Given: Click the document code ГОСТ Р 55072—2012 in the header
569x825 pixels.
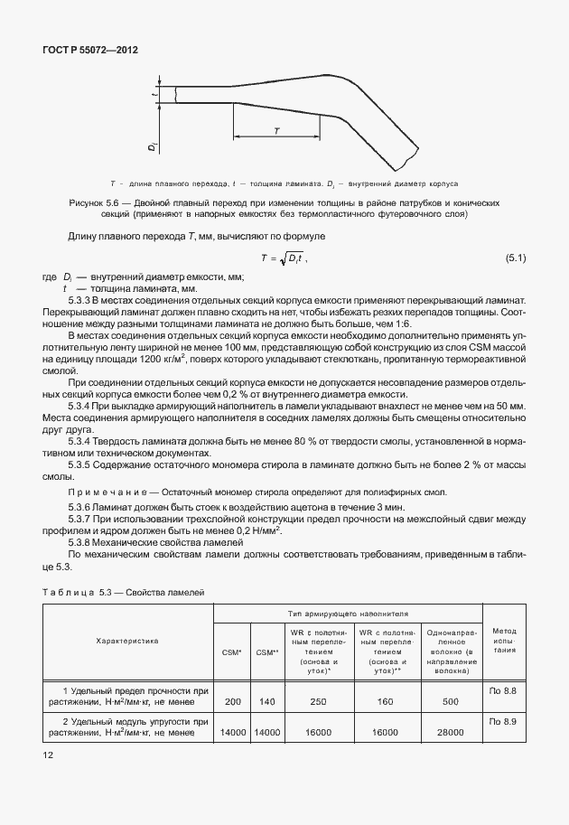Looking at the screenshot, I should click(91, 51).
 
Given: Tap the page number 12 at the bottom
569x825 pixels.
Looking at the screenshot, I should click(47, 754).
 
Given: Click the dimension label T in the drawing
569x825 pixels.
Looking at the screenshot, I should click(276, 131).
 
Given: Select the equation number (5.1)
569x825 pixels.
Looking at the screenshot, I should click(516, 259).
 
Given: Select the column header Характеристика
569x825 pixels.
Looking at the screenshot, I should click(127, 640).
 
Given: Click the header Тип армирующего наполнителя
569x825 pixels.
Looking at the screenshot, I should click(348, 613).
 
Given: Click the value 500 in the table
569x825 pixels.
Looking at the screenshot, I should click(451, 701).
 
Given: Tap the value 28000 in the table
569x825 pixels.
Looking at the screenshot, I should click(451, 733).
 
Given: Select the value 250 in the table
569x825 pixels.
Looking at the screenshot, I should click(317, 701).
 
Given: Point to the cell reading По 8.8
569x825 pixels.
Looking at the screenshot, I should click(502, 690).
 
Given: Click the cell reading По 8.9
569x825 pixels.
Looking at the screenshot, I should click(502, 722).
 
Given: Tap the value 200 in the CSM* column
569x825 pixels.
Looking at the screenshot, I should click(232, 701).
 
